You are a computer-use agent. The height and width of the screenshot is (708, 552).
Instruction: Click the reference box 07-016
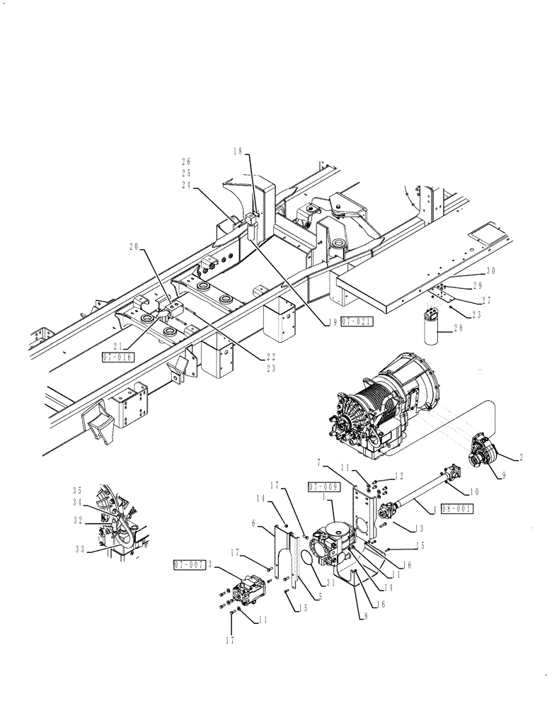118,358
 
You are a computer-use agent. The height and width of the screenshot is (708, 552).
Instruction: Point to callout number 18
238,151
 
